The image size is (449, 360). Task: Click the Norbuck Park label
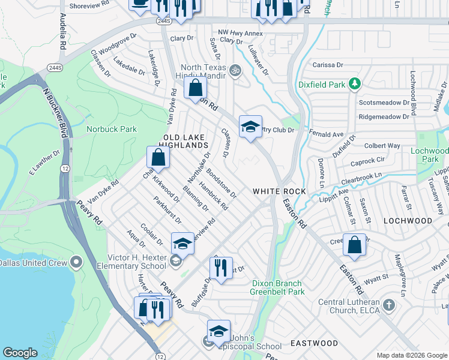pos(111,129)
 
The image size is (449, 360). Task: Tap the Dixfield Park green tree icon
pos(355,83)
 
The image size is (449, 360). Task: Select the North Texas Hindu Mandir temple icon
pos(235,70)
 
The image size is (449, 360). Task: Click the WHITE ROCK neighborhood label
pos(279,191)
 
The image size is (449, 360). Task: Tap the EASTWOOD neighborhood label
pos(314,343)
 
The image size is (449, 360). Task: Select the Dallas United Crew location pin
pos(76,262)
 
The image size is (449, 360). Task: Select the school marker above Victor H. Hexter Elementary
pos(182,244)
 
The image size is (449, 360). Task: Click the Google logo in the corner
pos(20,353)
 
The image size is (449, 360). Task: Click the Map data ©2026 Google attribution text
pos(411,355)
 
